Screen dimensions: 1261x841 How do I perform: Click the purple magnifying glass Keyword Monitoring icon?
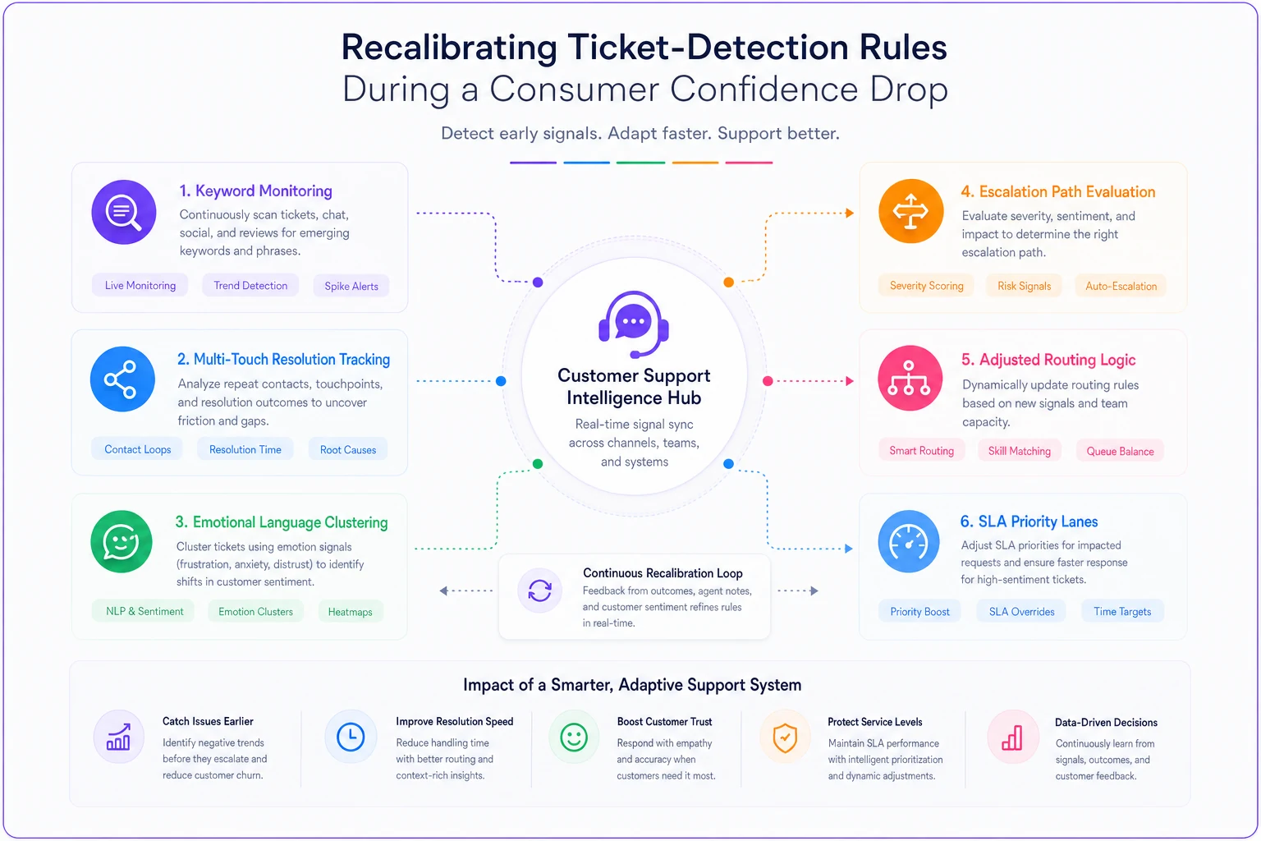pos(124,212)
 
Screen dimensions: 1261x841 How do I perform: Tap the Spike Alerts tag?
pos(351,286)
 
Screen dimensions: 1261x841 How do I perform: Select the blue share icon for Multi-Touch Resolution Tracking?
pos(122,379)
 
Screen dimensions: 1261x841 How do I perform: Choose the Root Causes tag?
pos(348,449)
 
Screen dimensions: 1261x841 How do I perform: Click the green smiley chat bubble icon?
pos(121,542)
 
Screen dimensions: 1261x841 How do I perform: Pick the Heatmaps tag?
pos(351,612)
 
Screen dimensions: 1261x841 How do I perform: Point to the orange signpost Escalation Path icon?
pos(910,211)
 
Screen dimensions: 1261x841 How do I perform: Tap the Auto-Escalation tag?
pos(1121,286)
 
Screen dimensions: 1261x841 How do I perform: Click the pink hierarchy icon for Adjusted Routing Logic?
pos(910,378)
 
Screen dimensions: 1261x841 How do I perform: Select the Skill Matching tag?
pos(1020,451)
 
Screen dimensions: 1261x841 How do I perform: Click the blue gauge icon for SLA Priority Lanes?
pos(909,542)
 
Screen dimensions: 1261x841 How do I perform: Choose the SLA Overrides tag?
pos(1022,612)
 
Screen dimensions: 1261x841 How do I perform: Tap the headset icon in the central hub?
pos(634,324)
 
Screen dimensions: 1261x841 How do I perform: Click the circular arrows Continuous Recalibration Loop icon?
pos(540,591)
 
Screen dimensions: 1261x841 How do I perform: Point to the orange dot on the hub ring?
pos(728,283)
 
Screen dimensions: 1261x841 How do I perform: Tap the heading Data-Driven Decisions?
pos(1106,722)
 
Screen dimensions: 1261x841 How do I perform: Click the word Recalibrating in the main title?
pos(449,47)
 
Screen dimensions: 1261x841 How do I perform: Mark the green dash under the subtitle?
pos(640,163)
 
